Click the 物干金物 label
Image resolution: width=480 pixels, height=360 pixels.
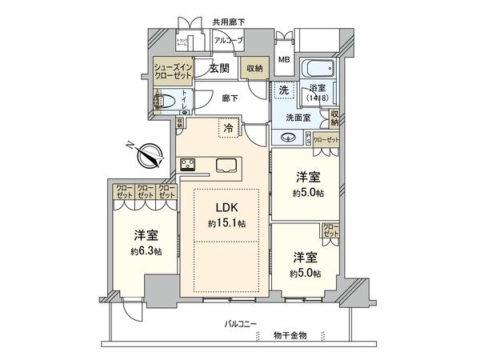[289, 334]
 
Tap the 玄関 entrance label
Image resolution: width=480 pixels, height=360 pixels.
[221, 69]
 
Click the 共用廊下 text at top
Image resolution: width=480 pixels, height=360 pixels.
[228, 22]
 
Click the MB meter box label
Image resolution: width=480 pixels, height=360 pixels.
[284, 60]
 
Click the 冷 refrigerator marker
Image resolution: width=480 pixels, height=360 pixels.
[230, 126]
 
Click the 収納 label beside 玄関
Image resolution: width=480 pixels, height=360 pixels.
[254, 70]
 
